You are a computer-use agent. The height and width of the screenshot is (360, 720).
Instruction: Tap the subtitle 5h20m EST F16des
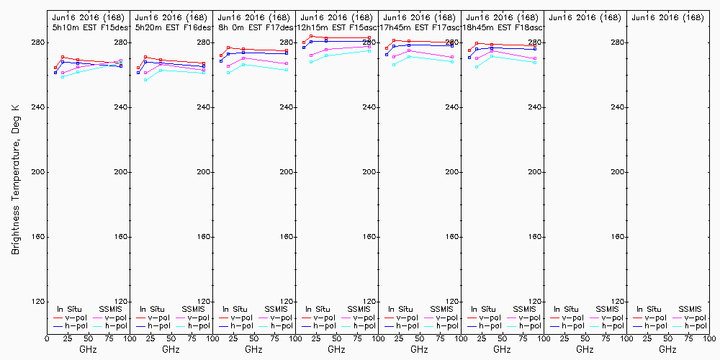[172, 27]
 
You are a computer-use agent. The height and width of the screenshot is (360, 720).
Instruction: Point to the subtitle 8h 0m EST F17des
[255, 27]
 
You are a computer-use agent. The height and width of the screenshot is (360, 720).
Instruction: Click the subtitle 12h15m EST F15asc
[338, 27]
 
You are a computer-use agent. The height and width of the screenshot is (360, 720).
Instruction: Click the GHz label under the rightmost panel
[667, 349]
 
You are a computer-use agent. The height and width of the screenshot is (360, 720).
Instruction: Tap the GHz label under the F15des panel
[89, 349]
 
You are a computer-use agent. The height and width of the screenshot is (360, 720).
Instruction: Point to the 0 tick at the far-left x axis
[47, 338]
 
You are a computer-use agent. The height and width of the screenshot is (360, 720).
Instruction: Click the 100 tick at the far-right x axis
[708, 338]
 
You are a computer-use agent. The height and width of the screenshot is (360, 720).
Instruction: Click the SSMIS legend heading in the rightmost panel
[690, 309]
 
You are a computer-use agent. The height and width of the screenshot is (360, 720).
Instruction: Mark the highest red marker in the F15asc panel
[311, 36]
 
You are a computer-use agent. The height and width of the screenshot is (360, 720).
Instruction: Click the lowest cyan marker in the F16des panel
[145, 80]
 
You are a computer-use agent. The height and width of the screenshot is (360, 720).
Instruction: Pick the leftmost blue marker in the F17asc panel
[387, 55]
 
